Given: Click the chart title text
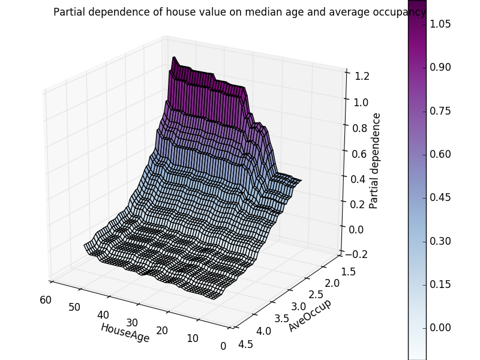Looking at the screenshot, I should pyautogui.click(x=239, y=12).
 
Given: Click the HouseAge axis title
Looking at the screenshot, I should pyautogui.click(x=125, y=333).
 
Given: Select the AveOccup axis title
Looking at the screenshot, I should pyautogui.click(x=310, y=315).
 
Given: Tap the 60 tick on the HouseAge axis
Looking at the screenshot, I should pyautogui.click(x=44, y=300).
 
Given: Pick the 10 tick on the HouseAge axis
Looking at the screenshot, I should pyautogui.click(x=193, y=338).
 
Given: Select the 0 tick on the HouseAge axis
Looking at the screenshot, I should pyautogui.click(x=223, y=346).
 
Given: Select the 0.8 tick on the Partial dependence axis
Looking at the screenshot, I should pyautogui.click(x=359, y=128).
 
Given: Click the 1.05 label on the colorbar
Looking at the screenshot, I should pyautogui.click(x=441, y=24).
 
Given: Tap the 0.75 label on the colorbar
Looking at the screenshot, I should pyautogui.click(x=441, y=111).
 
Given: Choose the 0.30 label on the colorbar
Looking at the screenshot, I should pyautogui.click(x=441, y=241).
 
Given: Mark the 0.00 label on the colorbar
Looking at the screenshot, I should pyautogui.click(x=441, y=328).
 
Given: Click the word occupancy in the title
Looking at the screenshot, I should pyautogui.click(x=401, y=12).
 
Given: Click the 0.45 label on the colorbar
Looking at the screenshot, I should pyautogui.click(x=441, y=197).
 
